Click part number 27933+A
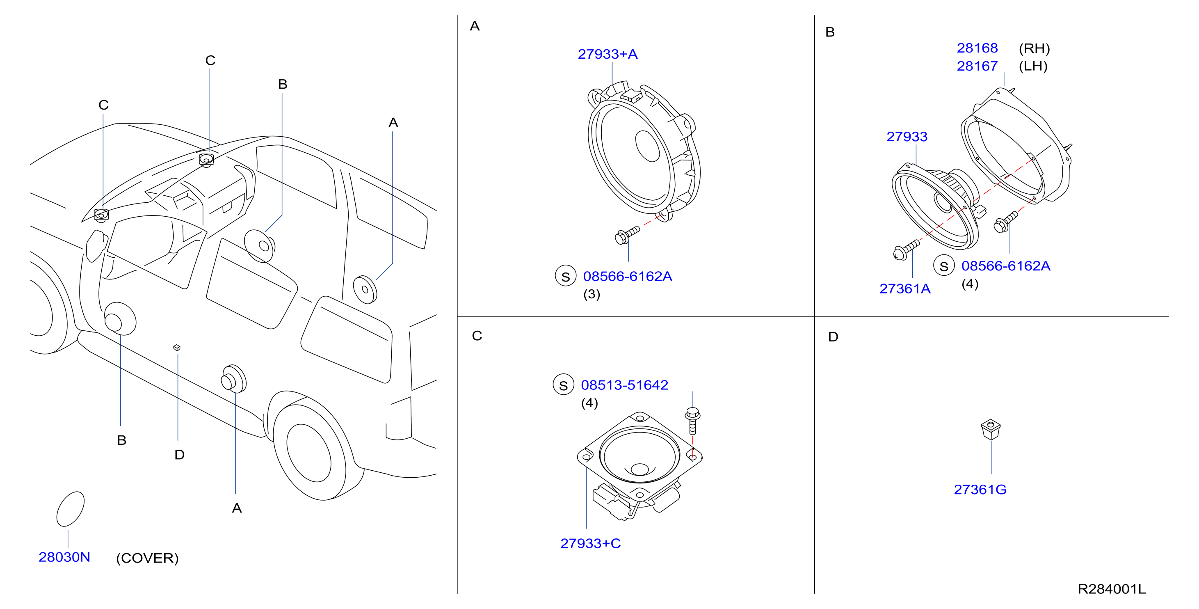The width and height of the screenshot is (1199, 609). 607,54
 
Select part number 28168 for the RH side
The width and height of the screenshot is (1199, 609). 977,48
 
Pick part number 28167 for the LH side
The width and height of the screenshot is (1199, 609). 977,66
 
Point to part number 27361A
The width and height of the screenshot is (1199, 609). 905,288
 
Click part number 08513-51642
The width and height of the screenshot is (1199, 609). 624,385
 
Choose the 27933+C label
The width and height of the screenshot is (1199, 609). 590,543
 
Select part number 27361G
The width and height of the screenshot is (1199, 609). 980,489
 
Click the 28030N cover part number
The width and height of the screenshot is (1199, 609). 64,557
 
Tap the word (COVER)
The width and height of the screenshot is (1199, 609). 147,558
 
